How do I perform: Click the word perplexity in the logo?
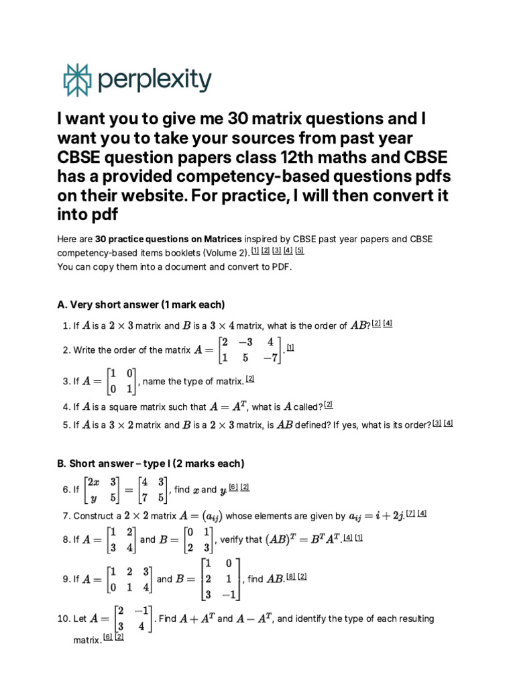[154, 81]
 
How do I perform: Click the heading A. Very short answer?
[141, 305]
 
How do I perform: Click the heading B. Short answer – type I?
[151, 464]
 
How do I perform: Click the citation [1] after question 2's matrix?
[290, 348]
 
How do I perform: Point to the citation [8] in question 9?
[291, 576]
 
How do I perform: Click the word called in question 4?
[308, 407]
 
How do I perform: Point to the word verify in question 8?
[231, 539]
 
